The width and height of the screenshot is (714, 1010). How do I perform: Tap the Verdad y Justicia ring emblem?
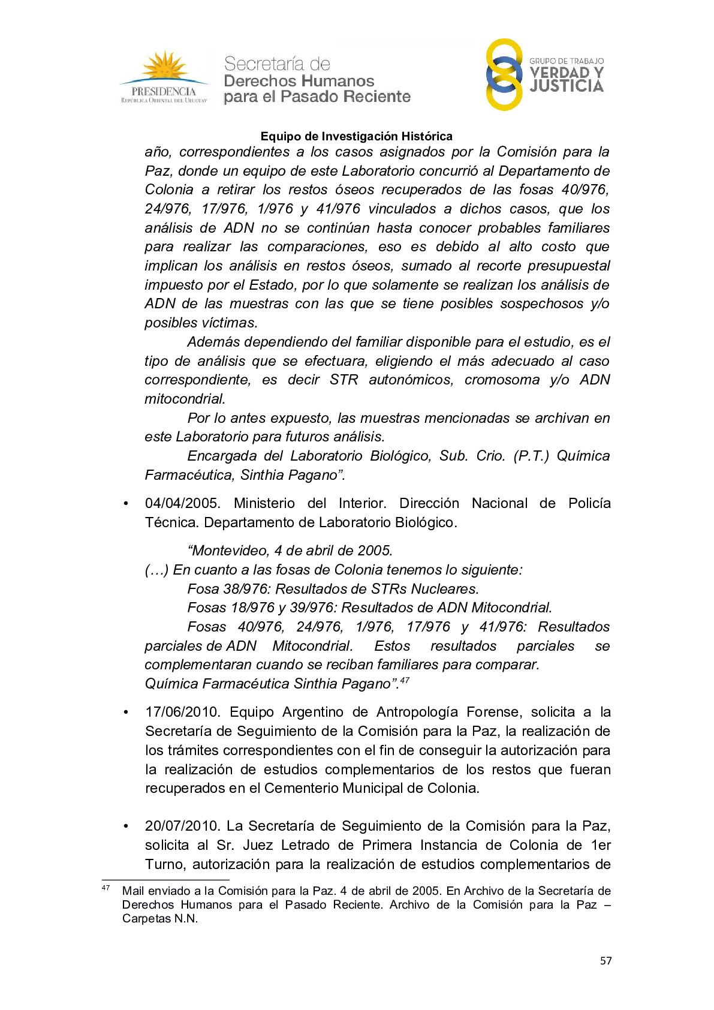click(504, 75)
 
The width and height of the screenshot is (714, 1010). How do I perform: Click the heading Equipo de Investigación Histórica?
click(356, 136)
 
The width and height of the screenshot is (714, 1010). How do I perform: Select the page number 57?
click(605, 961)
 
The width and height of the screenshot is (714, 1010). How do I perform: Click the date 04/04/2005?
click(182, 503)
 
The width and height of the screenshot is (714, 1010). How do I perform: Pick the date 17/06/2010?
click(182, 712)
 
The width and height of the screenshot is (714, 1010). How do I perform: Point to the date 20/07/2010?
click(182, 826)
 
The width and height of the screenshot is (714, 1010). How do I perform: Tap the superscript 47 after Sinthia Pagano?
click(405, 680)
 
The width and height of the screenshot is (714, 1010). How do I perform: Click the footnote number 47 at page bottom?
click(106, 888)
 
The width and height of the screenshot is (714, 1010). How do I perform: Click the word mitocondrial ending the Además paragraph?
click(185, 399)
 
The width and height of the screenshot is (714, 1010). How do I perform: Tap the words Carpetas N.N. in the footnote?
click(159, 919)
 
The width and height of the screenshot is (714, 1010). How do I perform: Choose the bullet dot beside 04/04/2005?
click(126, 504)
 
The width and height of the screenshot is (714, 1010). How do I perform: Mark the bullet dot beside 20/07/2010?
click(126, 826)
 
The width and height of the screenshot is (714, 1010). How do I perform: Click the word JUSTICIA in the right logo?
click(567, 86)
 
